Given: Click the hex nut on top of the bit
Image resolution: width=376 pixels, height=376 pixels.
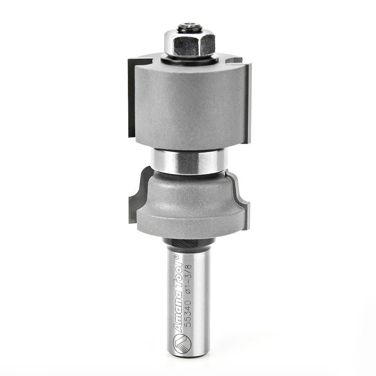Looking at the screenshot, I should tap(189, 44).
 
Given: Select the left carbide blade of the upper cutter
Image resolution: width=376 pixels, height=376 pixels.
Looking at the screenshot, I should tap(131, 100).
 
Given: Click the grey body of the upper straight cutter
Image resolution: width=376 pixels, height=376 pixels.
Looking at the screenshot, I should tap(190, 104).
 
